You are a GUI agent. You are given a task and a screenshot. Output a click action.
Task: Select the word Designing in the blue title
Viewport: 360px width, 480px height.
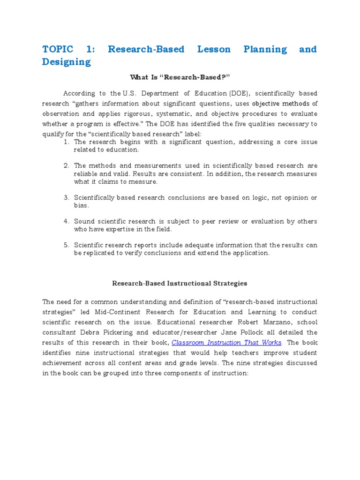click(x=66, y=62)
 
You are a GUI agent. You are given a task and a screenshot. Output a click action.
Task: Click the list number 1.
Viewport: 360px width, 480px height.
click(x=67, y=142)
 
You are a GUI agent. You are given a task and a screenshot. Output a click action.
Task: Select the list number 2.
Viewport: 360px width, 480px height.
click(x=67, y=165)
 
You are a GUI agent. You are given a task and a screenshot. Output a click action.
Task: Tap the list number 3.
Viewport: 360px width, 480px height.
click(x=67, y=198)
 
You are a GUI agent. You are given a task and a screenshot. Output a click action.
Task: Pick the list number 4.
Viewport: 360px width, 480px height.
click(x=67, y=221)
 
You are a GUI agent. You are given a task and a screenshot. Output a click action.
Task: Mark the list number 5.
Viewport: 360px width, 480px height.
click(x=67, y=245)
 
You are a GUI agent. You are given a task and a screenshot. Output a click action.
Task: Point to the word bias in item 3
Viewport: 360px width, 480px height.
click(x=81, y=206)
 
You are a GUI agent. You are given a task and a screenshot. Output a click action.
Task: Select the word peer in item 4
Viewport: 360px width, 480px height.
click(x=215, y=221)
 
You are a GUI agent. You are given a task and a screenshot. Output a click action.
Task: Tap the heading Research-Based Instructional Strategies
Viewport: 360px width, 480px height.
click(x=180, y=283)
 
